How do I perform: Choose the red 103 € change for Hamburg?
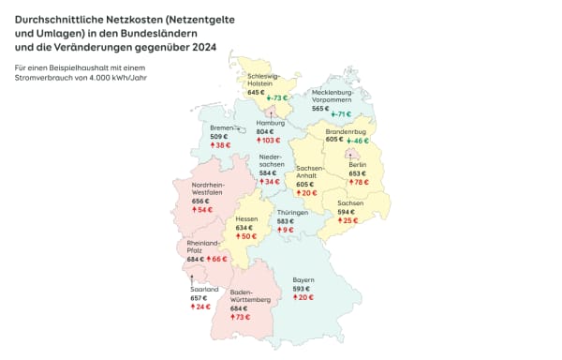271,142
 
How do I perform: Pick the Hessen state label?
246,218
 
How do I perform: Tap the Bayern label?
303,279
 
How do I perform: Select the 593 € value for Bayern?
301,288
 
